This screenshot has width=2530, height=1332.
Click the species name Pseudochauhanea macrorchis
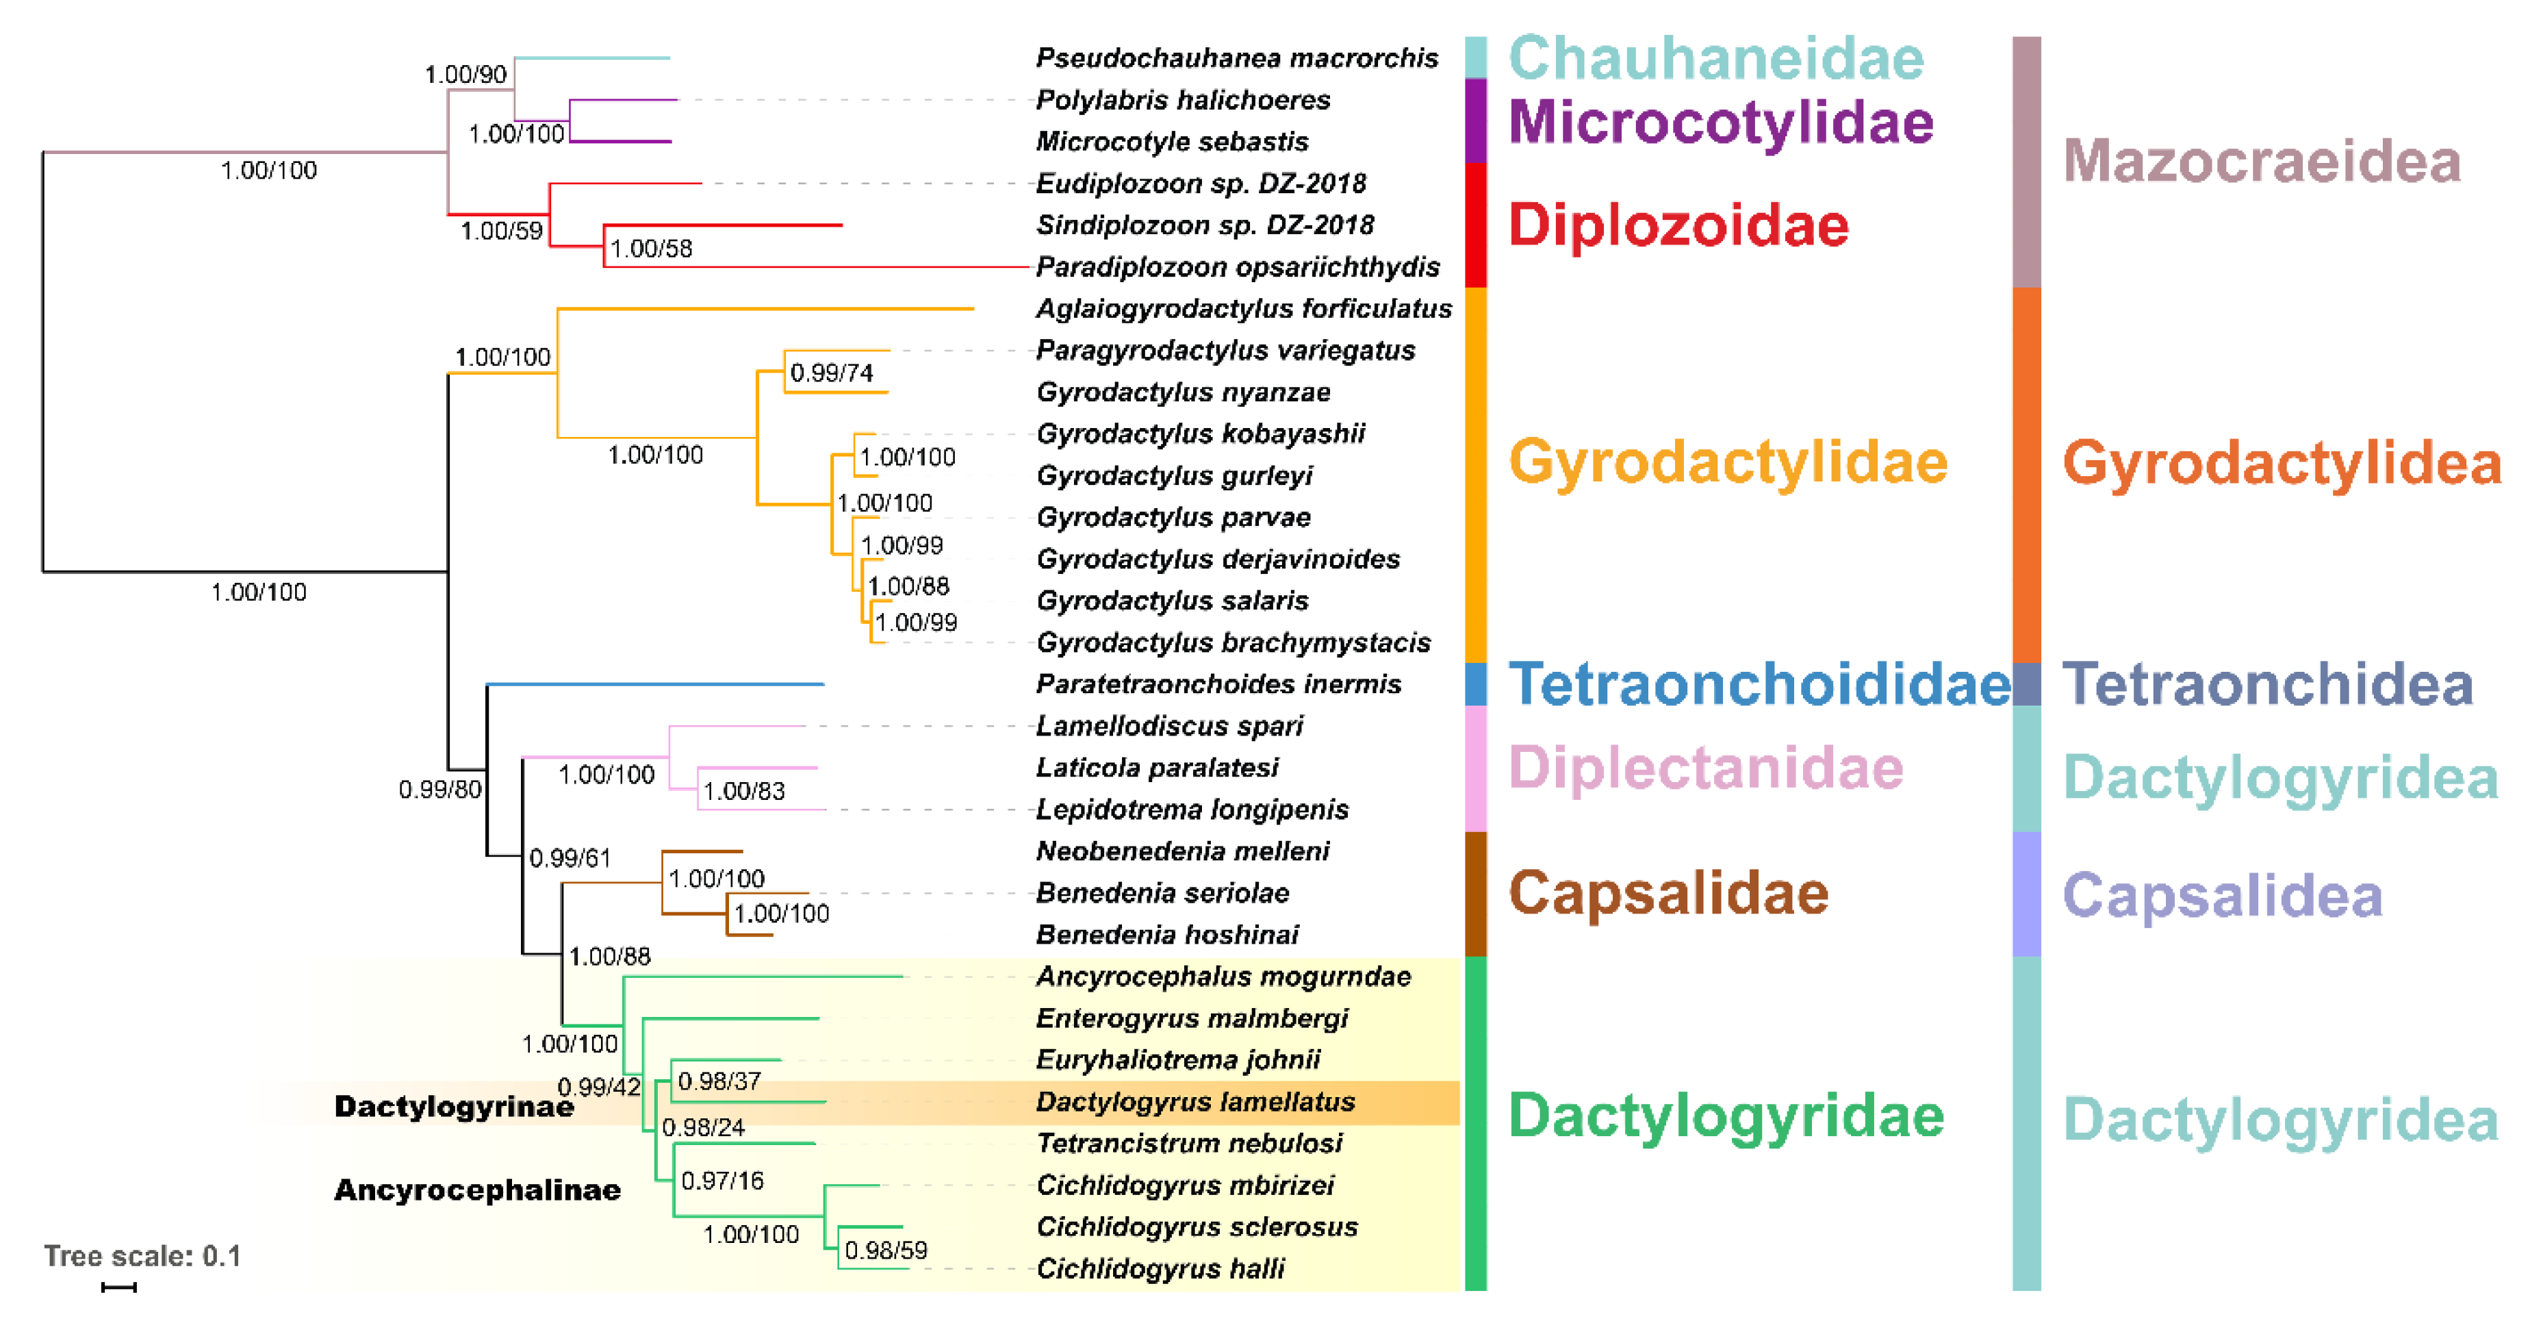pos(1236,58)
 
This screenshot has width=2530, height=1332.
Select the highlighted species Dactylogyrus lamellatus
pos(1195,1102)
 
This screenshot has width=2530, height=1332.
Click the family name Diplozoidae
pos(1678,225)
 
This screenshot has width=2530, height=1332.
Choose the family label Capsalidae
pos(1667,893)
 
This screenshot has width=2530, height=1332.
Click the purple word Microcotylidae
pos(1720,122)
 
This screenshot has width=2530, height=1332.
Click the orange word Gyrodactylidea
pos(2281,463)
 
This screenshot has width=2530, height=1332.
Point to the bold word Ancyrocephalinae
pos(477,1190)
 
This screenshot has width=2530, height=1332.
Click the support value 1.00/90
pos(465,75)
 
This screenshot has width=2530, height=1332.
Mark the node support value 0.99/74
pos(831,373)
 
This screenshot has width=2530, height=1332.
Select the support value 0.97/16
pos(722,1181)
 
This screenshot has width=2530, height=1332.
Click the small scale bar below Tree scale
pos(119,1287)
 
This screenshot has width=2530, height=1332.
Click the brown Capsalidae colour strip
pos(1475,893)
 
